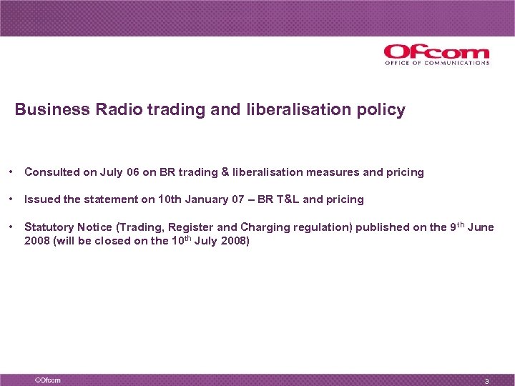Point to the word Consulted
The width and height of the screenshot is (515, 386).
pos(52,172)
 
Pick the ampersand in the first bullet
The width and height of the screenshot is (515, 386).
pos(225,172)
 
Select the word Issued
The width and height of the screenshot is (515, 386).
pos(41,199)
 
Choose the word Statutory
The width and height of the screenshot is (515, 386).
pos(49,227)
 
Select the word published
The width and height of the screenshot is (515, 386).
pos(383,227)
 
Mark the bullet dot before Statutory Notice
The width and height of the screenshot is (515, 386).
pos(13,227)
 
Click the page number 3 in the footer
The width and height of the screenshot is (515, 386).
pos(486,381)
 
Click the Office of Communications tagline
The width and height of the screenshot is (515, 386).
pos(437,63)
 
